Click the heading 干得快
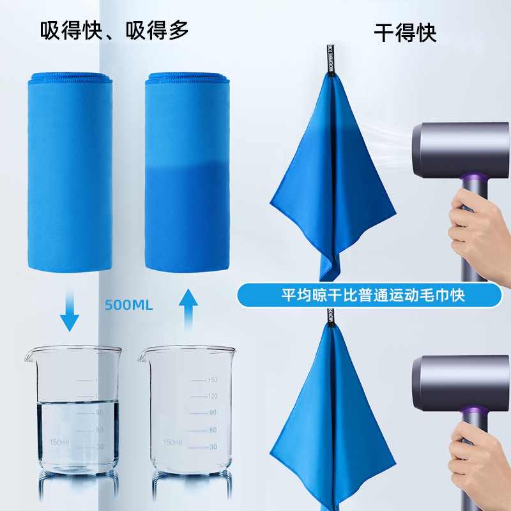(405, 32)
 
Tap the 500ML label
(129, 305)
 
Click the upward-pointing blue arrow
(188, 309)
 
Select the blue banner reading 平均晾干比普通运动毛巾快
(369, 296)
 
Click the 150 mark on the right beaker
(212, 380)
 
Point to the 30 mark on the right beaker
(212, 446)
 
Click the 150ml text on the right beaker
(172, 442)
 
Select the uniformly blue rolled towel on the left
(70, 172)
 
